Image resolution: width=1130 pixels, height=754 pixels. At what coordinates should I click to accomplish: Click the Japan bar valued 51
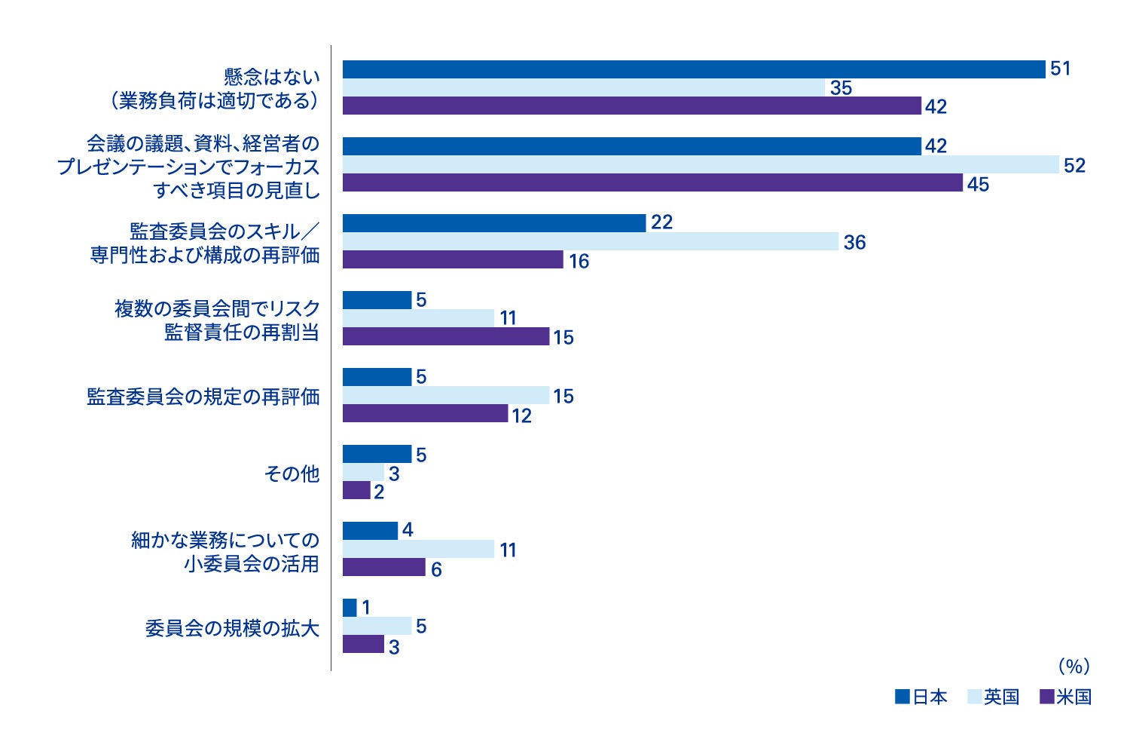click(693, 69)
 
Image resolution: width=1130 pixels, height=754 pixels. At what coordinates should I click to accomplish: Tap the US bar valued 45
click(652, 183)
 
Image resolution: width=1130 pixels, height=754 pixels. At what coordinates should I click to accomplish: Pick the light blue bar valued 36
click(590, 241)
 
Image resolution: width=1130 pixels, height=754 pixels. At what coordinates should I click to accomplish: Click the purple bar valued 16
click(453, 260)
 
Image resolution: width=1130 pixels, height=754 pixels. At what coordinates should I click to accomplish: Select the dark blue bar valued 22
click(494, 223)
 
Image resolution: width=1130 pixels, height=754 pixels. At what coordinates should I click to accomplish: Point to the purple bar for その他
click(356, 491)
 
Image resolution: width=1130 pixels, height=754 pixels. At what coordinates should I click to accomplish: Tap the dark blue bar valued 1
click(350, 608)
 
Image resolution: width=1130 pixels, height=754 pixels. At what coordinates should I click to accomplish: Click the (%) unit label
click(1073, 667)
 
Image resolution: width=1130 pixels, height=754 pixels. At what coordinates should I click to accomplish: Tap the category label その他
click(292, 474)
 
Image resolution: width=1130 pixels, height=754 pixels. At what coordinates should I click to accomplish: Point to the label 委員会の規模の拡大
click(232, 628)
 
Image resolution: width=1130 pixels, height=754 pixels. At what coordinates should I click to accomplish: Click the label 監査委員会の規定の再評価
click(203, 397)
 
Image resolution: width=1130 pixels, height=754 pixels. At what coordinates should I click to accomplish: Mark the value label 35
click(841, 88)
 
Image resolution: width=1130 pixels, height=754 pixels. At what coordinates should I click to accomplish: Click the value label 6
click(436, 569)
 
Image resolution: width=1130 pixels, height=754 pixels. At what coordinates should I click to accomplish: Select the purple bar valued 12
click(425, 414)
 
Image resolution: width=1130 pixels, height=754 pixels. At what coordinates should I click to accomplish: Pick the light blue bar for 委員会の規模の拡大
click(377, 627)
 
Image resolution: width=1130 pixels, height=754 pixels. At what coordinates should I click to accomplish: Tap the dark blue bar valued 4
click(370, 531)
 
